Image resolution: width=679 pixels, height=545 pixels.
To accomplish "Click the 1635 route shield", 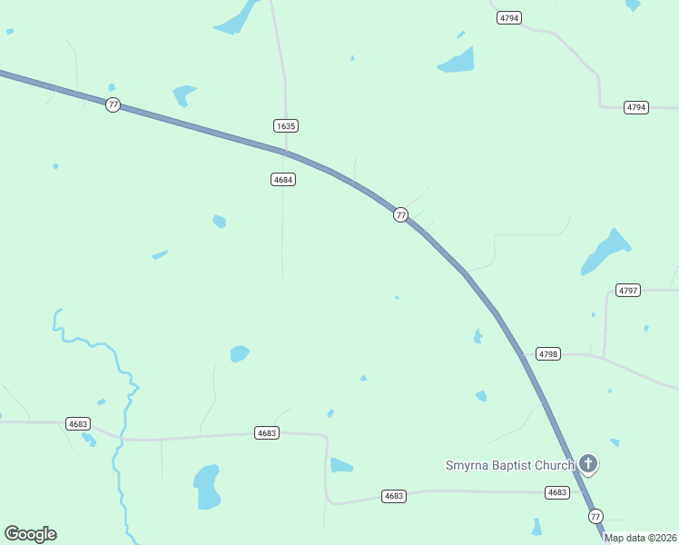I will [286, 125].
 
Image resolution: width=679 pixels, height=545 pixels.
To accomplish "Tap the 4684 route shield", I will [282, 180].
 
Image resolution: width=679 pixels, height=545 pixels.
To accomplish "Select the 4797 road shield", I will [628, 291].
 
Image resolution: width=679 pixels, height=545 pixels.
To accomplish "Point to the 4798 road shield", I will [548, 353].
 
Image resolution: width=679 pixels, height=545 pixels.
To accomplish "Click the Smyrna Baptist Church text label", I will [509, 466].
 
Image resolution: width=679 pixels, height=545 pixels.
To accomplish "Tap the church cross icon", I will [588, 465].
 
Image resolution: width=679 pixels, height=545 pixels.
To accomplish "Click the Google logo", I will [30, 534].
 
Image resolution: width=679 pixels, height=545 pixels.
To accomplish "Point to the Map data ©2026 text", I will [640, 538].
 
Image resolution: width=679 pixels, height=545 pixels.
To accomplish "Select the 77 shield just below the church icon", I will [595, 516].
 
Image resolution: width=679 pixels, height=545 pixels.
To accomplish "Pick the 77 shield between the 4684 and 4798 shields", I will [400, 215].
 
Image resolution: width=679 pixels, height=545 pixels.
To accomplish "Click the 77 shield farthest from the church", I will [113, 104].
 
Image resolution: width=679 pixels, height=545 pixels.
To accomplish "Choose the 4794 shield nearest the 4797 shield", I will [636, 107].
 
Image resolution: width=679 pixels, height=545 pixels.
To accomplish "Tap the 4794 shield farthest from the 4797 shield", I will [509, 18].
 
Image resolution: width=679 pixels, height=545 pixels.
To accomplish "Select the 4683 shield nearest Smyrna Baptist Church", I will [556, 492].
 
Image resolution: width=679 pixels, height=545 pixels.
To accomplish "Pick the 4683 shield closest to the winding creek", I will [78, 423].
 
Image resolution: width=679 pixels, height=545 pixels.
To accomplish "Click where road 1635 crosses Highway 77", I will [286, 152].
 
